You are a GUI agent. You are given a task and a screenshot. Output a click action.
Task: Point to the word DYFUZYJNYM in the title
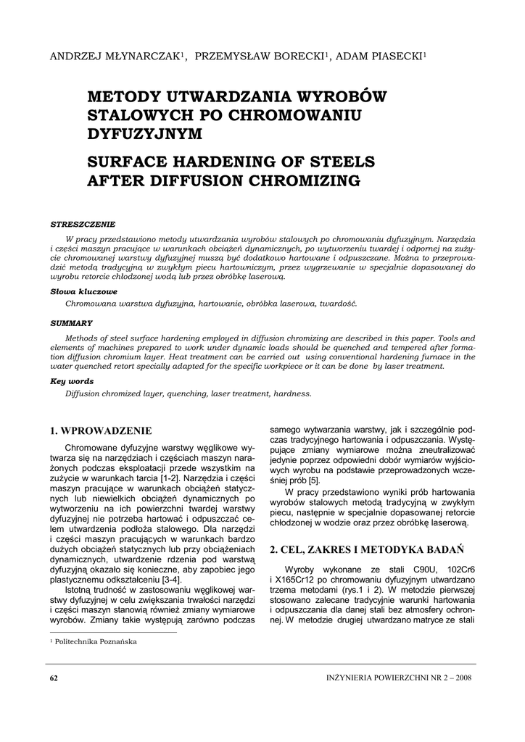coord(145,133)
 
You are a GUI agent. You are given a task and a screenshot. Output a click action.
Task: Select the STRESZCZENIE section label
coord(83,224)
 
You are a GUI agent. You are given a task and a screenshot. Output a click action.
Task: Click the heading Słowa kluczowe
coord(78,291)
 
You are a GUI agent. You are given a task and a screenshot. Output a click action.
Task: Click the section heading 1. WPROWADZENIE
coord(101,431)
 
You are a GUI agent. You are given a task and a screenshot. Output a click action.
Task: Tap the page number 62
coord(54,678)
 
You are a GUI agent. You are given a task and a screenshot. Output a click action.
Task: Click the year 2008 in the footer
coord(462,678)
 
